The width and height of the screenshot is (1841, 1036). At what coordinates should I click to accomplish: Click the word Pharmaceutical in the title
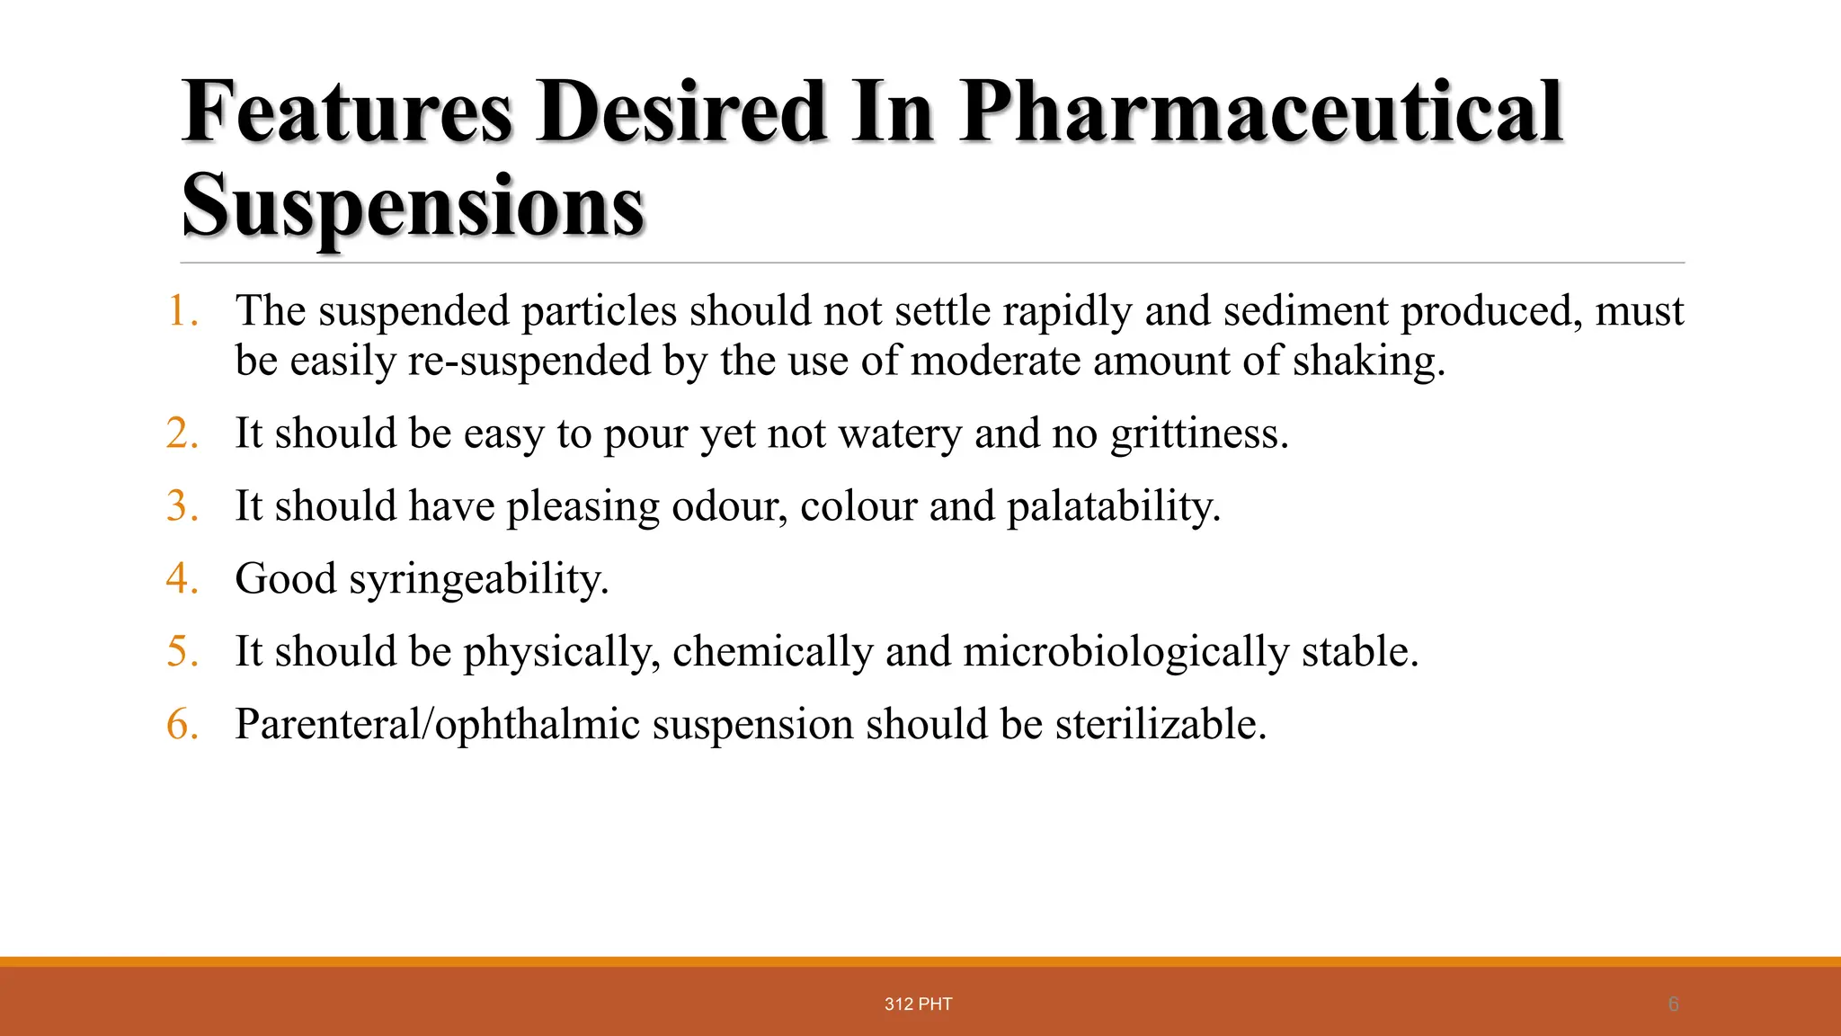(1261, 112)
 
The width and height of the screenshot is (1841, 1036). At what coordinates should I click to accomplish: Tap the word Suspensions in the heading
(414, 206)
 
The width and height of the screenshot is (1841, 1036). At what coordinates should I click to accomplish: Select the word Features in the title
(347, 112)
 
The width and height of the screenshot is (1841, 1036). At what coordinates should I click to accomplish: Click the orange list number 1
(182, 311)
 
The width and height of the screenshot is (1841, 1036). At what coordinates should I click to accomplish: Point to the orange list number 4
(182, 578)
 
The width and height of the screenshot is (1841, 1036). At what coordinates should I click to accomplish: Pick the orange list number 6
(182, 724)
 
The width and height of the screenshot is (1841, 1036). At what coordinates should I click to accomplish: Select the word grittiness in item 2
(1199, 434)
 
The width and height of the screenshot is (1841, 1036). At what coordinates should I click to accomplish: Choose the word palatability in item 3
(1113, 506)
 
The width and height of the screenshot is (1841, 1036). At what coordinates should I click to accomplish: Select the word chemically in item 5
(772, 652)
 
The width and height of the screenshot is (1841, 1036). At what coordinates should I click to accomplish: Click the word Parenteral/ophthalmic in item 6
(437, 725)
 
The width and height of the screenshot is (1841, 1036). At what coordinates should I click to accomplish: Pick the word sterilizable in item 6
(1161, 725)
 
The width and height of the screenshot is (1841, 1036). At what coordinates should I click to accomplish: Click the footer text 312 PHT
(918, 1005)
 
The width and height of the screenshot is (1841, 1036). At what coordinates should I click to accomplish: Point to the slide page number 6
(1673, 1005)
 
